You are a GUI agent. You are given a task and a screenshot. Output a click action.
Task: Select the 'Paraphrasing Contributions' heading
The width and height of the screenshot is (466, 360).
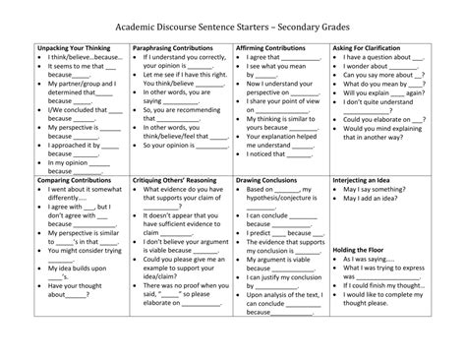click(x=173, y=46)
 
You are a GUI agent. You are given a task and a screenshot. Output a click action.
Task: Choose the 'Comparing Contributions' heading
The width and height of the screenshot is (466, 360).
click(x=74, y=180)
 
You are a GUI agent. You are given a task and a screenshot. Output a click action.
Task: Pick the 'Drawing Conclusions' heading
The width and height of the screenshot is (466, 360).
click(x=269, y=180)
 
